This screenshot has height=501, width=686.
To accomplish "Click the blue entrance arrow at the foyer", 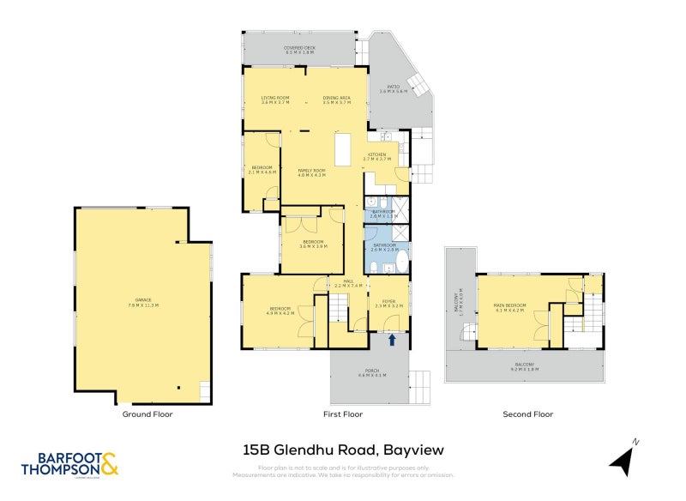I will [392, 340].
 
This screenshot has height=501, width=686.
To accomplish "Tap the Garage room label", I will [143, 301].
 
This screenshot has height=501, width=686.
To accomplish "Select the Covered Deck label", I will [298, 50].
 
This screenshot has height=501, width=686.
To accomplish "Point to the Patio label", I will [394, 88].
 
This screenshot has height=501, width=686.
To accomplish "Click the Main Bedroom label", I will [509, 306].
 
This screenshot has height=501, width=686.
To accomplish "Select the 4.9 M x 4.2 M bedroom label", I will [280, 311].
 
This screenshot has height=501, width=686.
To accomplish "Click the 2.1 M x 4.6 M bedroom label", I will [262, 170].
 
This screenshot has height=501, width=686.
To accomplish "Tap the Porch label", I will [371, 372].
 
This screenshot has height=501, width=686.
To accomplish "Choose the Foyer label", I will [388, 303].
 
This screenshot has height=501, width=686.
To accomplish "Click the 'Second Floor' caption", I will [528, 414].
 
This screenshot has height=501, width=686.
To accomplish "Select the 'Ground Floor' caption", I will [148, 414].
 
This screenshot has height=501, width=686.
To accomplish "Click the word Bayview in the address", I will [412, 449].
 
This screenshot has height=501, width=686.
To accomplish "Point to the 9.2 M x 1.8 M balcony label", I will [524, 366].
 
